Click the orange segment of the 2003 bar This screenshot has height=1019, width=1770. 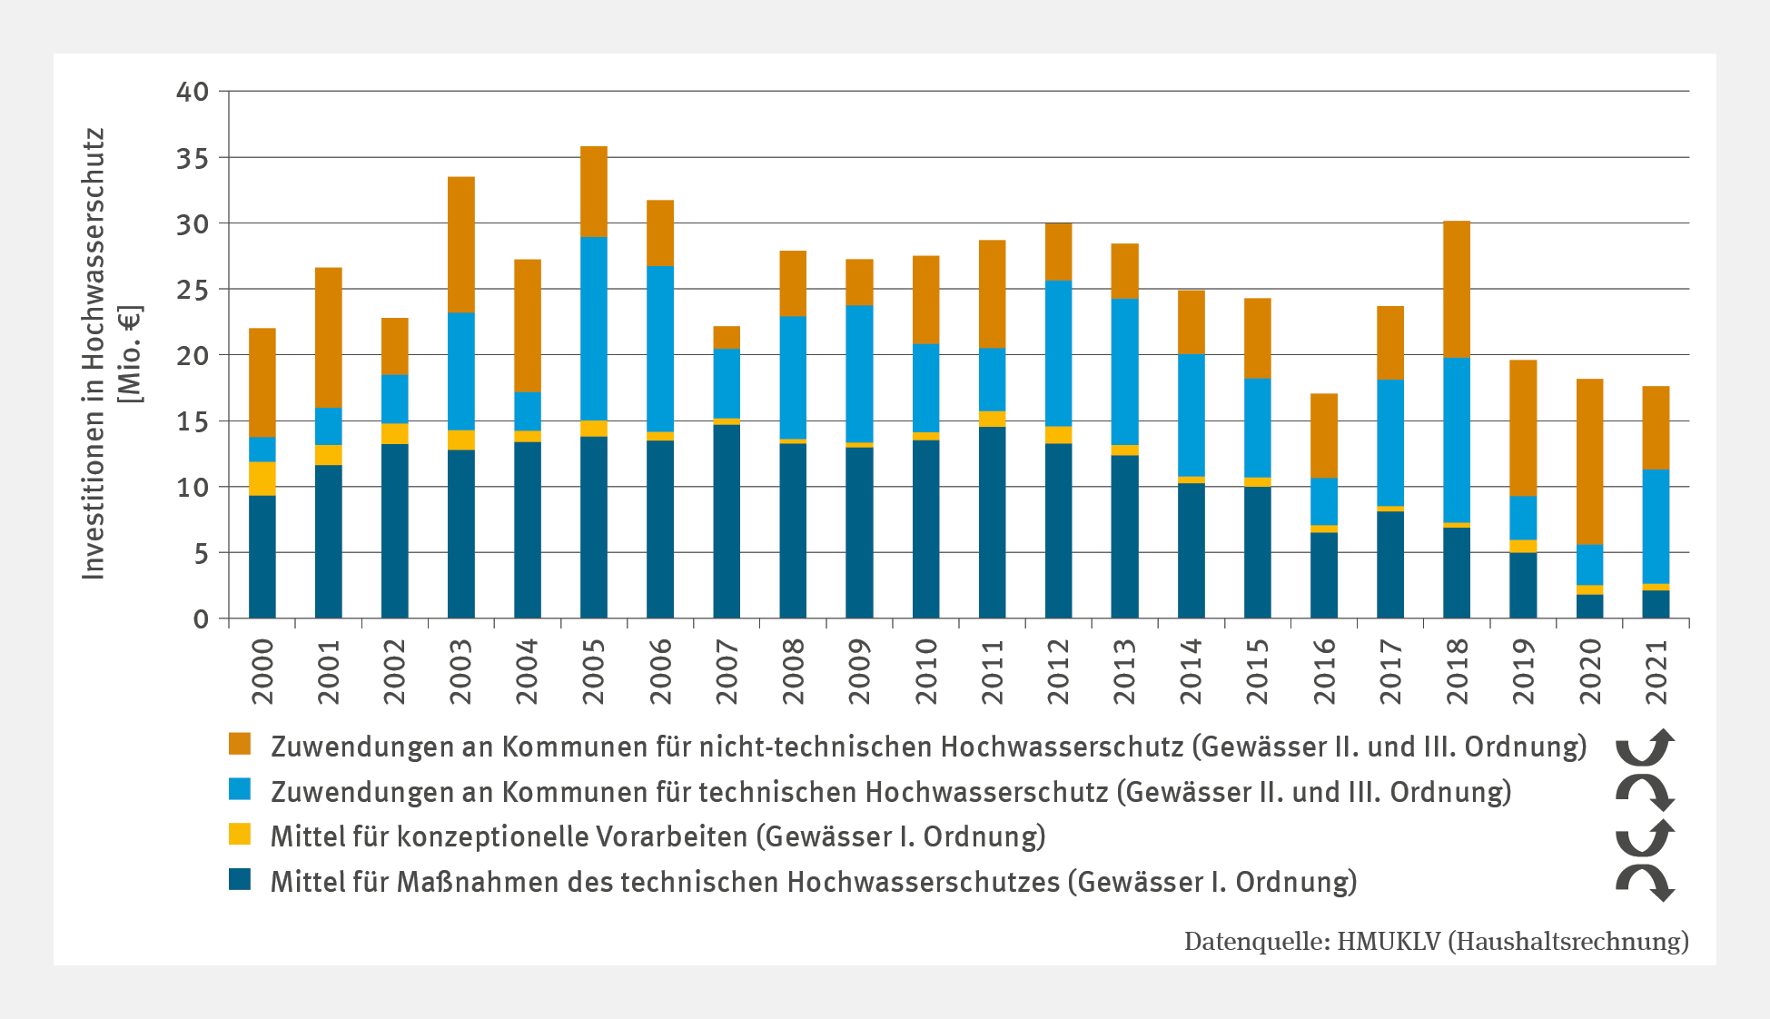pyautogui.click(x=460, y=244)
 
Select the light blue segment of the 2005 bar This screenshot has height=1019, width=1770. pyautogui.click(x=593, y=329)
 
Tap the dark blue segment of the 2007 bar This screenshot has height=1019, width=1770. pyautogui.click(x=727, y=521)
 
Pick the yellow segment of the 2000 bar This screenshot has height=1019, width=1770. pyautogui.click(x=262, y=479)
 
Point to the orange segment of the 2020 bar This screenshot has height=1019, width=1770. pyautogui.click(x=1589, y=461)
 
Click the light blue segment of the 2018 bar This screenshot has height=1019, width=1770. pyautogui.click(x=1456, y=440)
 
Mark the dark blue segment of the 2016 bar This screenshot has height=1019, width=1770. pyautogui.click(x=1323, y=575)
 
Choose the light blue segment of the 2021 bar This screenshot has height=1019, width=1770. pyautogui.click(x=1656, y=527)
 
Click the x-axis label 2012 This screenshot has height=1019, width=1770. pyautogui.click(x=1058, y=671)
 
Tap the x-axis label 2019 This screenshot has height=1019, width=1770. pyautogui.click(x=1523, y=671)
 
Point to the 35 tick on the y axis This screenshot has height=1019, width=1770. pyautogui.click(x=193, y=158)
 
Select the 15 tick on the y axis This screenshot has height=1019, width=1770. pyautogui.click(x=193, y=421)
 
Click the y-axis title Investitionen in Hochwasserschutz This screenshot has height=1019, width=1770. pyautogui.click(x=94, y=354)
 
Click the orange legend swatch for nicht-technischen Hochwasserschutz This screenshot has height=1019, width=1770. pyautogui.click(x=240, y=744)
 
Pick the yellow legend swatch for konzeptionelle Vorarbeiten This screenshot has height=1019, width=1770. pyautogui.click(x=240, y=834)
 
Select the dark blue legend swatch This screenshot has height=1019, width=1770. pyautogui.click(x=240, y=879)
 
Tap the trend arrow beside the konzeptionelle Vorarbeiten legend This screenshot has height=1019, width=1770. pyautogui.click(x=1645, y=836)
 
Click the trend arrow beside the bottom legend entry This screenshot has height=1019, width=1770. pyautogui.click(x=1645, y=882)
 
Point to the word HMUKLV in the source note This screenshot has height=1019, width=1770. pyautogui.click(x=1389, y=941)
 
